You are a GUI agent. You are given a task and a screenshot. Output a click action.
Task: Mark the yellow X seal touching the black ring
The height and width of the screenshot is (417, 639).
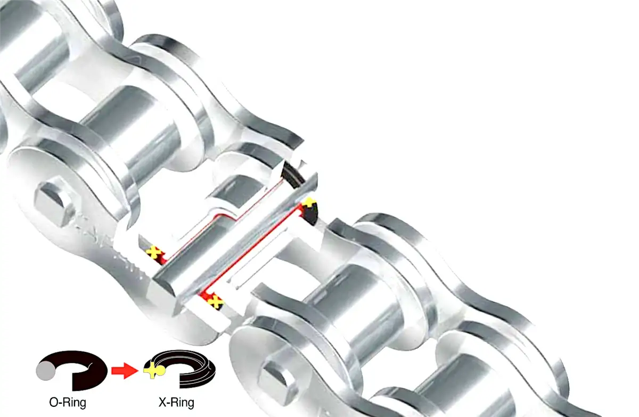(308, 205)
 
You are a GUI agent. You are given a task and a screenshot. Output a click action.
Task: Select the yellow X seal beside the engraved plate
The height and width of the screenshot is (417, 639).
(154, 252)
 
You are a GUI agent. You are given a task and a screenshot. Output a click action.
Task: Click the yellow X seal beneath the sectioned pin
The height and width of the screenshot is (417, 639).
(215, 302)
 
